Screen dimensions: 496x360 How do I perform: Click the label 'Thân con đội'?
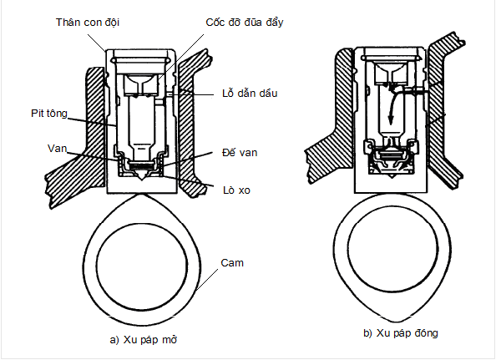(x=88, y=23)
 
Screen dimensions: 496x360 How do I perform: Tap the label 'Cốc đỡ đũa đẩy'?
(x=244, y=23)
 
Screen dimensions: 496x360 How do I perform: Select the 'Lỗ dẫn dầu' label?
(x=250, y=94)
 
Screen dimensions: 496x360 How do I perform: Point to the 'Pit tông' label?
(x=49, y=114)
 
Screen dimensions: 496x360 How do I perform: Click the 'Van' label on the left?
(x=58, y=149)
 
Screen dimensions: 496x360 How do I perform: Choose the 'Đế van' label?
(x=240, y=153)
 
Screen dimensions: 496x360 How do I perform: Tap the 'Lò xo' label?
(x=236, y=190)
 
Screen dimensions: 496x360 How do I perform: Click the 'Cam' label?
(x=232, y=263)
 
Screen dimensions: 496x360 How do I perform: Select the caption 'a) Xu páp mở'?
(x=144, y=340)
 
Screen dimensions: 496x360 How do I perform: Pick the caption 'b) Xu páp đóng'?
(x=401, y=333)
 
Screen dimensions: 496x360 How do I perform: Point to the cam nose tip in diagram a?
(x=142, y=194)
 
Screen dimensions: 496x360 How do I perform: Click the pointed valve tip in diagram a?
(x=142, y=180)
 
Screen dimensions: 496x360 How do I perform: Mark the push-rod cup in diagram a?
(x=141, y=85)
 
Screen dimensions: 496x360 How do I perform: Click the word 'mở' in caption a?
(x=170, y=340)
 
